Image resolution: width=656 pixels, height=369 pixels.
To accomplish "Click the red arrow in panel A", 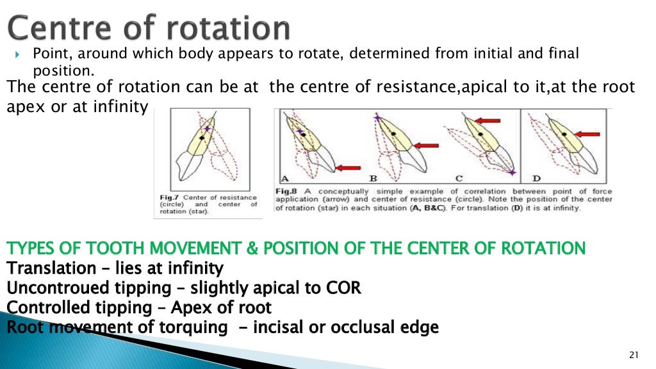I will (348, 167).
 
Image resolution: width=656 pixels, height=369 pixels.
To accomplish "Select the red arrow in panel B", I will (426, 145).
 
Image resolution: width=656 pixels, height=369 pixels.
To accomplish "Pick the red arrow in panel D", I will (587, 135).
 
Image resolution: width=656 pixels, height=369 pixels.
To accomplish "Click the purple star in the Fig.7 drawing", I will (206, 129).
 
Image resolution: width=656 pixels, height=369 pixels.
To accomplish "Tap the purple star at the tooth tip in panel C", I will (511, 172).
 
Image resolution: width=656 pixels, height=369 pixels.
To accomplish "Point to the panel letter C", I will (459, 178).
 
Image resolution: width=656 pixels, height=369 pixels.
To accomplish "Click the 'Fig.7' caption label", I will (168, 198).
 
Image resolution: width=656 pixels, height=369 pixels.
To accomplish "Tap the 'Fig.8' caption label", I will (284, 192).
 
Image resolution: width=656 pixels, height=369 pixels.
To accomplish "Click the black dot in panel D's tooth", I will (563, 134).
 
